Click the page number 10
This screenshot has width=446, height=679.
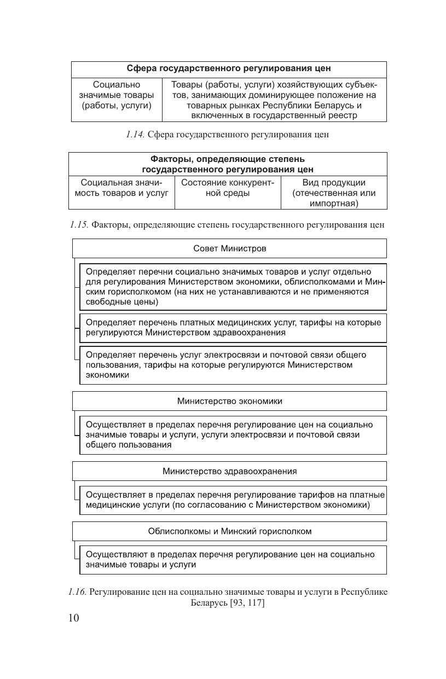pyautogui.click(x=73, y=618)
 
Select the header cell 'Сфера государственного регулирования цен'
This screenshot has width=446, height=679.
pyautogui.click(x=229, y=69)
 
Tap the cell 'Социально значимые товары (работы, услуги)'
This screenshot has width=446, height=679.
pyautogui.click(x=117, y=95)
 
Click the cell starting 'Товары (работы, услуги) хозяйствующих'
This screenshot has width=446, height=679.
pyautogui.click(x=274, y=100)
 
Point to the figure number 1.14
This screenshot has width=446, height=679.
pyautogui.click(x=135, y=135)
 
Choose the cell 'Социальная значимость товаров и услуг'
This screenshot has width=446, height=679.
pyautogui.click(x=121, y=188)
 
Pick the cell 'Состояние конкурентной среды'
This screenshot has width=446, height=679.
pyautogui.click(x=228, y=188)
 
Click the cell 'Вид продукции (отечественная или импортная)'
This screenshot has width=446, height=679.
pyautogui.click(x=334, y=193)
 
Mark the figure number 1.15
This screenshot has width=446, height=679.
pyautogui.click(x=79, y=225)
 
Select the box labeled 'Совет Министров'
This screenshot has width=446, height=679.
pyautogui.click(x=230, y=248)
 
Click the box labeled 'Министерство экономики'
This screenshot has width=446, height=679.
pyautogui.click(x=230, y=401)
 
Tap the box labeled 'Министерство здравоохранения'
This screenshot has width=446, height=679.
pyautogui.click(x=230, y=471)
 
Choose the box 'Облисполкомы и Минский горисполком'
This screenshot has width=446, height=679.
pyautogui.click(x=230, y=531)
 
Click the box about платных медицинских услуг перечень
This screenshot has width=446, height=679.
pyautogui.click(x=233, y=328)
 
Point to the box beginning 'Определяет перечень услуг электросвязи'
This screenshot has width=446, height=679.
pyautogui.click(x=233, y=365)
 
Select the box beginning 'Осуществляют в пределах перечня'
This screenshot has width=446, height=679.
pyautogui.click(x=233, y=560)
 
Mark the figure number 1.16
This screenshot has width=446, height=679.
pyautogui.click(x=78, y=592)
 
